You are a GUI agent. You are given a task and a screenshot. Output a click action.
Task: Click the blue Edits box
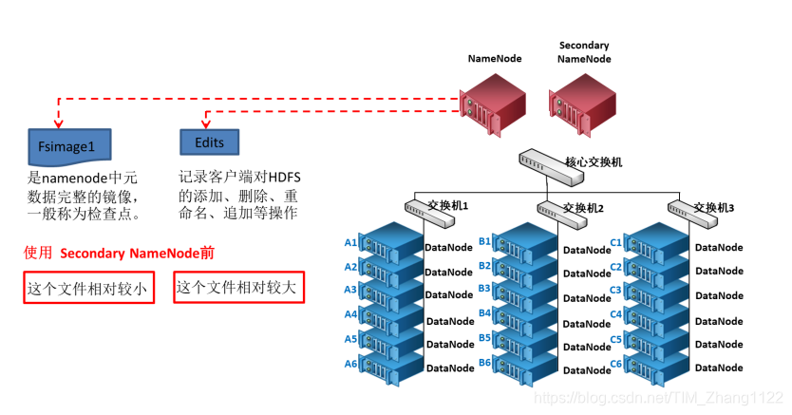(x=210, y=141)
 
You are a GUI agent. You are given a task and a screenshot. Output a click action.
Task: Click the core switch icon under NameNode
(x=541, y=162)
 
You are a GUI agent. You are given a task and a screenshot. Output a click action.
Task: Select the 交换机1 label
(x=452, y=206)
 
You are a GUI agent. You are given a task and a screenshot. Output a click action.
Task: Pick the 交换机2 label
(x=584, y=207)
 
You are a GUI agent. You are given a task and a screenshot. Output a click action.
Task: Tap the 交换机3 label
(x=714, y=207)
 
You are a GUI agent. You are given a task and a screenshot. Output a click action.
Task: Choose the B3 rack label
(x=484, y=289)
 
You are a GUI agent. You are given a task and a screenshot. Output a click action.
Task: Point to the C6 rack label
(x=615, y=365)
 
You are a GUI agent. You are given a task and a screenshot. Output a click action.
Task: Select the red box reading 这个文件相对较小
(x=86, y=288)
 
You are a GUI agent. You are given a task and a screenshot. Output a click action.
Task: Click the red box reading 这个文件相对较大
(x=238, y=287)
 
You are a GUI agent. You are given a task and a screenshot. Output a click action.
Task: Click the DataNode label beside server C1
(x=719, y=248)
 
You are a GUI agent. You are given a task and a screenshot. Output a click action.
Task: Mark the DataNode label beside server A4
(x=450, y=321)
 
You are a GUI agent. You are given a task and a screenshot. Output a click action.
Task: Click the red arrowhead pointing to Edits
(x=208, y=122)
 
